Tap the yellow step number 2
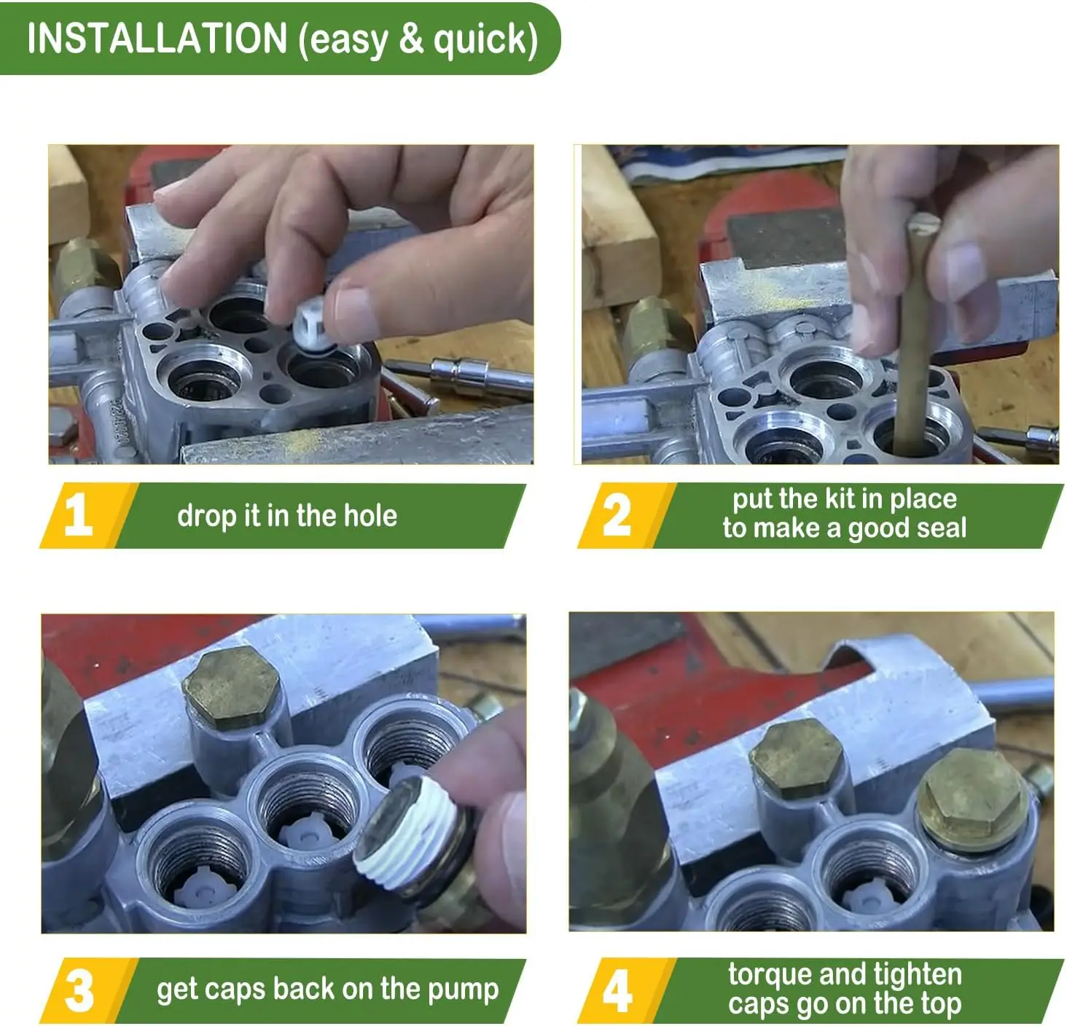[617, 514]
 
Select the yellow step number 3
[79, 991]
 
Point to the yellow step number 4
[617, 991]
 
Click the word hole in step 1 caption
[370, 515]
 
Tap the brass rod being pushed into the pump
[913, 334]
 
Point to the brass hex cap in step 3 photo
[231, 688]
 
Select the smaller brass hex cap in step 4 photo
[796, 759]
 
